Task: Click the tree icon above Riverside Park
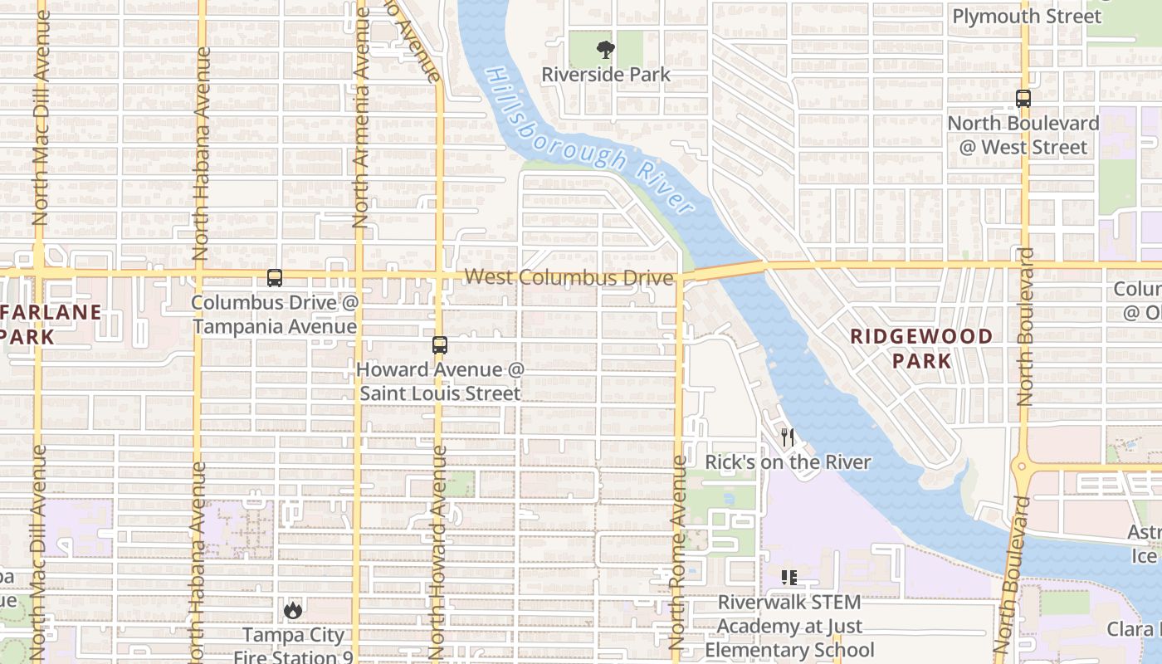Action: [606, 50]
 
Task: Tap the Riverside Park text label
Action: [606, 75]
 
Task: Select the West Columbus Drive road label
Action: [569, 277]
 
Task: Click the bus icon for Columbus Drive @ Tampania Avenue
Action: [275, 278]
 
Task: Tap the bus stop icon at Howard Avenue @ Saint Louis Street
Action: [440, 345]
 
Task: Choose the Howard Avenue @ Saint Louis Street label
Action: [440, 381]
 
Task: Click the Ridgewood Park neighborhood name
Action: [921, 348]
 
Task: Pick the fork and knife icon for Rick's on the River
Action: [788, 437]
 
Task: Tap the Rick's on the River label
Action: [788, 462]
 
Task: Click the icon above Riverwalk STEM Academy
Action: [788, 577]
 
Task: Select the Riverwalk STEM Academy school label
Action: [789, 627]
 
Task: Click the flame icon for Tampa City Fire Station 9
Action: [292, 611]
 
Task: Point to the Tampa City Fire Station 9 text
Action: [293, 646]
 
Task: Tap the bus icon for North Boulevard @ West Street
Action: [1023, 98]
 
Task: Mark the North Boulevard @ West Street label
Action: [1023, 135]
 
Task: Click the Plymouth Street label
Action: [1027, 17]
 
